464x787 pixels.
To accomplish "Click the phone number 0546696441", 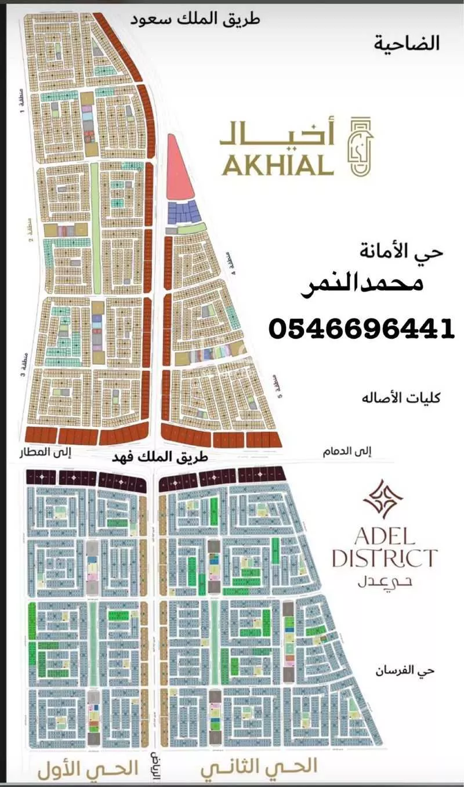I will tap(361, 329).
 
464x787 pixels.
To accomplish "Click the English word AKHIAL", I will tap(277, 166).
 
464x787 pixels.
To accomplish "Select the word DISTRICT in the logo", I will tap(383, 558).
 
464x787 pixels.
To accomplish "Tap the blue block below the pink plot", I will tap(183, 213).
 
